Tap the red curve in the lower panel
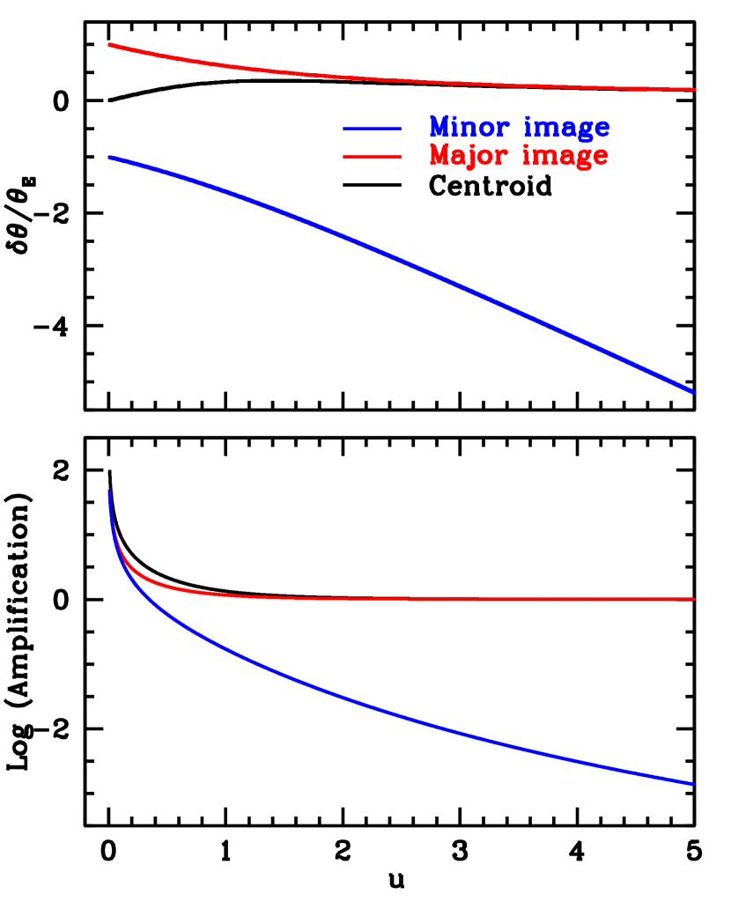396,599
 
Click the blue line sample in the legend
372,129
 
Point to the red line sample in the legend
372,157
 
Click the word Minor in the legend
469,128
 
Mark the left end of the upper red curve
108,43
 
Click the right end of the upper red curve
696,89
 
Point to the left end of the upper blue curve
108,157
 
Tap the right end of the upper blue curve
696,392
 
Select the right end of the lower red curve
695,599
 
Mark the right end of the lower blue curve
695,783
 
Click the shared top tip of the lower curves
108,490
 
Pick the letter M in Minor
439,127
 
